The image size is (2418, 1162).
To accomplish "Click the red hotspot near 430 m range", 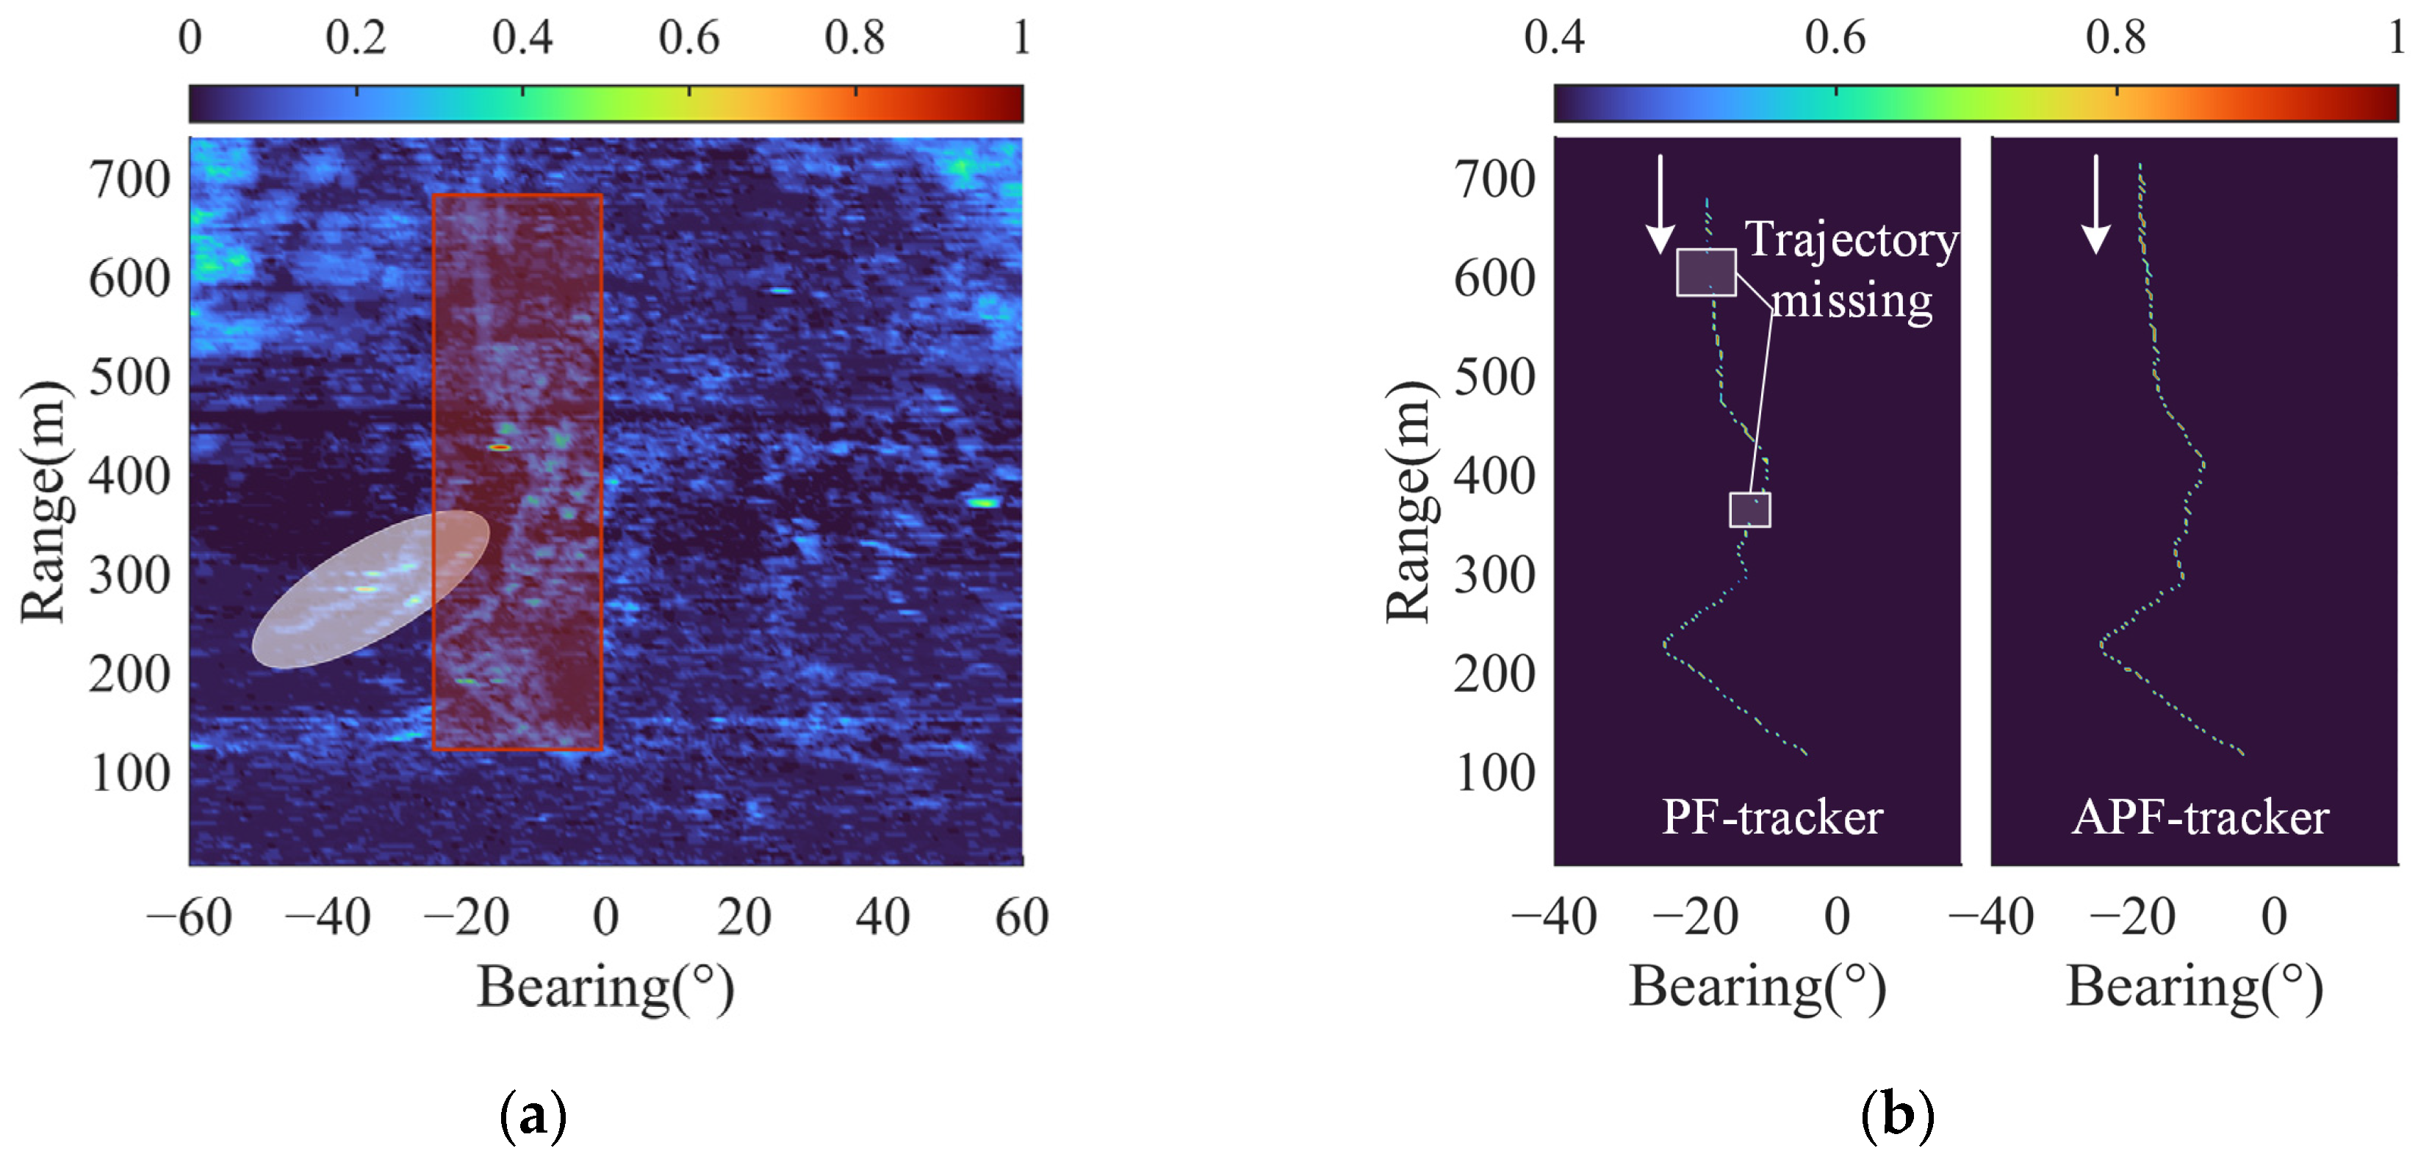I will (500, 448).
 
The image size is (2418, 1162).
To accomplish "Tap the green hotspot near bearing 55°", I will (983, 503).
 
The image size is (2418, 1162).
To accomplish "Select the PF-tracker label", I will (1771, 817).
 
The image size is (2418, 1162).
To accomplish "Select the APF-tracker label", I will (2199, 817).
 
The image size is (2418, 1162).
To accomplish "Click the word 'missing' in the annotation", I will (1851, 301).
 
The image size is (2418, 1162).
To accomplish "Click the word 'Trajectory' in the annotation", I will (1850, 239).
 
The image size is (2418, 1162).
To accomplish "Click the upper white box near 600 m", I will (1705, 273).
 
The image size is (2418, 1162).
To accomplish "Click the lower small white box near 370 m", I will (1749, 510).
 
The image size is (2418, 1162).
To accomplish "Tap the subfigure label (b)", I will (1897, 1114).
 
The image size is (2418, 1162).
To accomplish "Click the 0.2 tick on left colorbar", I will (356, 37).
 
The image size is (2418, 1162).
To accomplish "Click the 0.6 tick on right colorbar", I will (1835, 37).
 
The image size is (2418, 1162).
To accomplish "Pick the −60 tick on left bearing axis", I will (190, 916).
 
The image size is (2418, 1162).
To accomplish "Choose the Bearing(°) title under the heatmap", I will (605, 987).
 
